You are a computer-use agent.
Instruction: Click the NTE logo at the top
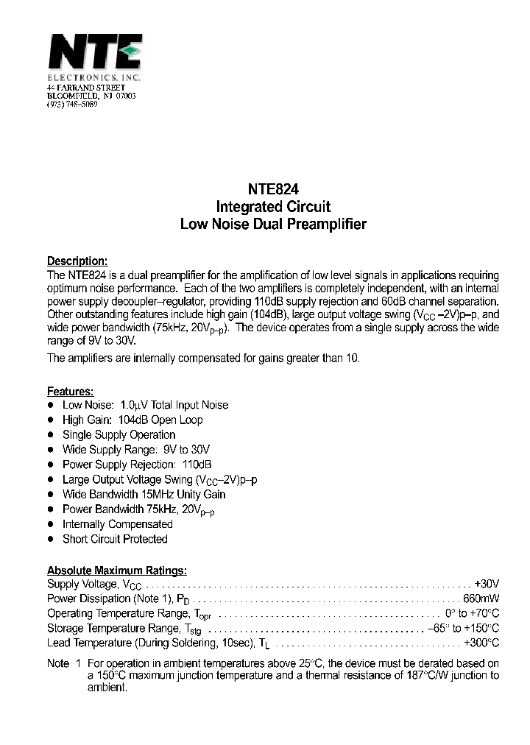(x=94, y=54)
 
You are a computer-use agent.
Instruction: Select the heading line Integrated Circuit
(x=273, y=206)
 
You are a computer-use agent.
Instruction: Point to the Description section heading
(x=77, y=261)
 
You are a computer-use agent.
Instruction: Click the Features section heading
(x=70, y=392)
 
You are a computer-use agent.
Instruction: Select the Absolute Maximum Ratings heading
(x=116, y=571)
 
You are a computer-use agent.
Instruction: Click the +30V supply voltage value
(x=487, y=584)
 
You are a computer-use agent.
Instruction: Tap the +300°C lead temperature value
(x=481, y=643)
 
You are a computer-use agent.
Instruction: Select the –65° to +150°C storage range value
(x=463, y=628)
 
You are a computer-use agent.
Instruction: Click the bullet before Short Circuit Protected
(x=51, y=539)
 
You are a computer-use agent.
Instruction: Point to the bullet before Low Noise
(x=51, y=405)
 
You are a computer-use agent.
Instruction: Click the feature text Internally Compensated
(x=118, y=524)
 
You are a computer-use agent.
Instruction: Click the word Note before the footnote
(x=58, y=663)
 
